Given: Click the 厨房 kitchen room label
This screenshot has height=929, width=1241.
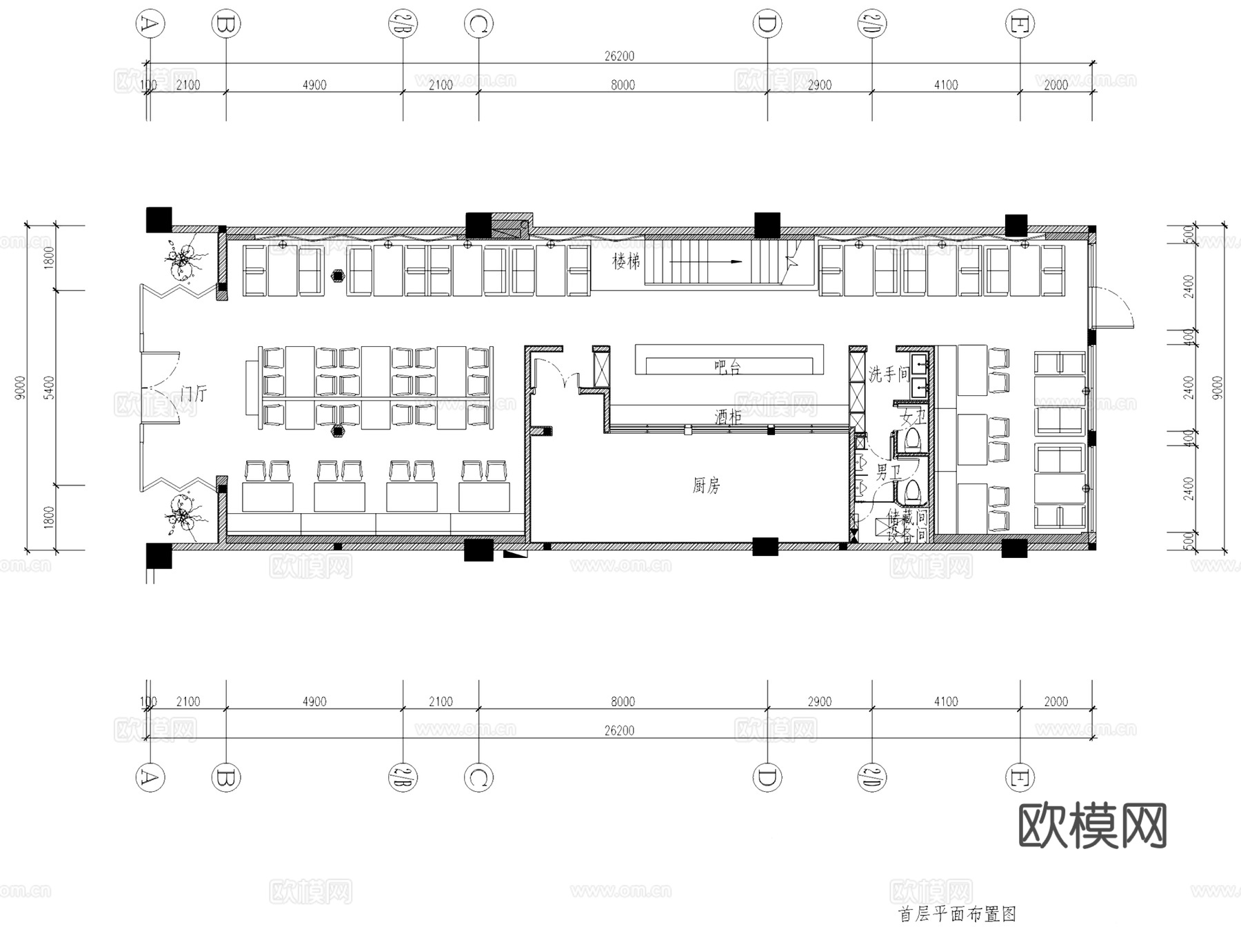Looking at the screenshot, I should pyautogui.click(x=706, y=486).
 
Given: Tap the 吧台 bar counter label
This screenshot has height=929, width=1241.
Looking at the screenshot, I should pyautogui.click(x=727, y=367).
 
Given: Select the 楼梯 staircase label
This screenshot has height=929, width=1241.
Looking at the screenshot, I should pyautogui.click(x=626, y=261).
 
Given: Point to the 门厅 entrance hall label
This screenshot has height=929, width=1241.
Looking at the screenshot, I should pyautogui.click(x=192, y=394).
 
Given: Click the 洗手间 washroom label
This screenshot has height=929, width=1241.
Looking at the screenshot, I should pyautogui.click(x=888, y=374).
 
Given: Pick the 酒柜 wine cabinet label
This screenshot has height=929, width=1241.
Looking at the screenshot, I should pyautogui.click(x=727, y=417).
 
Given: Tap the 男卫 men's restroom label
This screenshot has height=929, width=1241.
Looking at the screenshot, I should pyautogui.click(x=888, y=472).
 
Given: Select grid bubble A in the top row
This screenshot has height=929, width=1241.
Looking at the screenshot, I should pyautogui.click(x=150, y=24).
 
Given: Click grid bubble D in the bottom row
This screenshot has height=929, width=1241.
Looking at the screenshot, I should pyautogui.click(x=767, y=778).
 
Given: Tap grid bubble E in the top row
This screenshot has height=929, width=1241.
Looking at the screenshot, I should pyautogui.click(x=1020, y=24).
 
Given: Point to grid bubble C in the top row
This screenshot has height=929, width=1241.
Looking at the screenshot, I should pyautogui.click(x=478, y=24).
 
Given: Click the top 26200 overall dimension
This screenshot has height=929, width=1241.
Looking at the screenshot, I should pyautogui.click(x=619, y=56).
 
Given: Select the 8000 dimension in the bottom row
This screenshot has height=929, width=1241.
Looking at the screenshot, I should pyautogui.click(x=623, y=701).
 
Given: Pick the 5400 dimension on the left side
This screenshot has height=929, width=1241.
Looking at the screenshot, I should pyautogui.click(x=48, y=388).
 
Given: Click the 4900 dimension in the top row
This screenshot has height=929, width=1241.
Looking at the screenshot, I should pyautogui.click(x=314, y=85).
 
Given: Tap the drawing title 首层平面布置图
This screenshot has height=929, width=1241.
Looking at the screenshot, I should pyautogui.click(x=957, y=915).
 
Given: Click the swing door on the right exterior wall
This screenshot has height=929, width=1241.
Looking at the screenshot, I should pyautogui.click(x=1111, y=308).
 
